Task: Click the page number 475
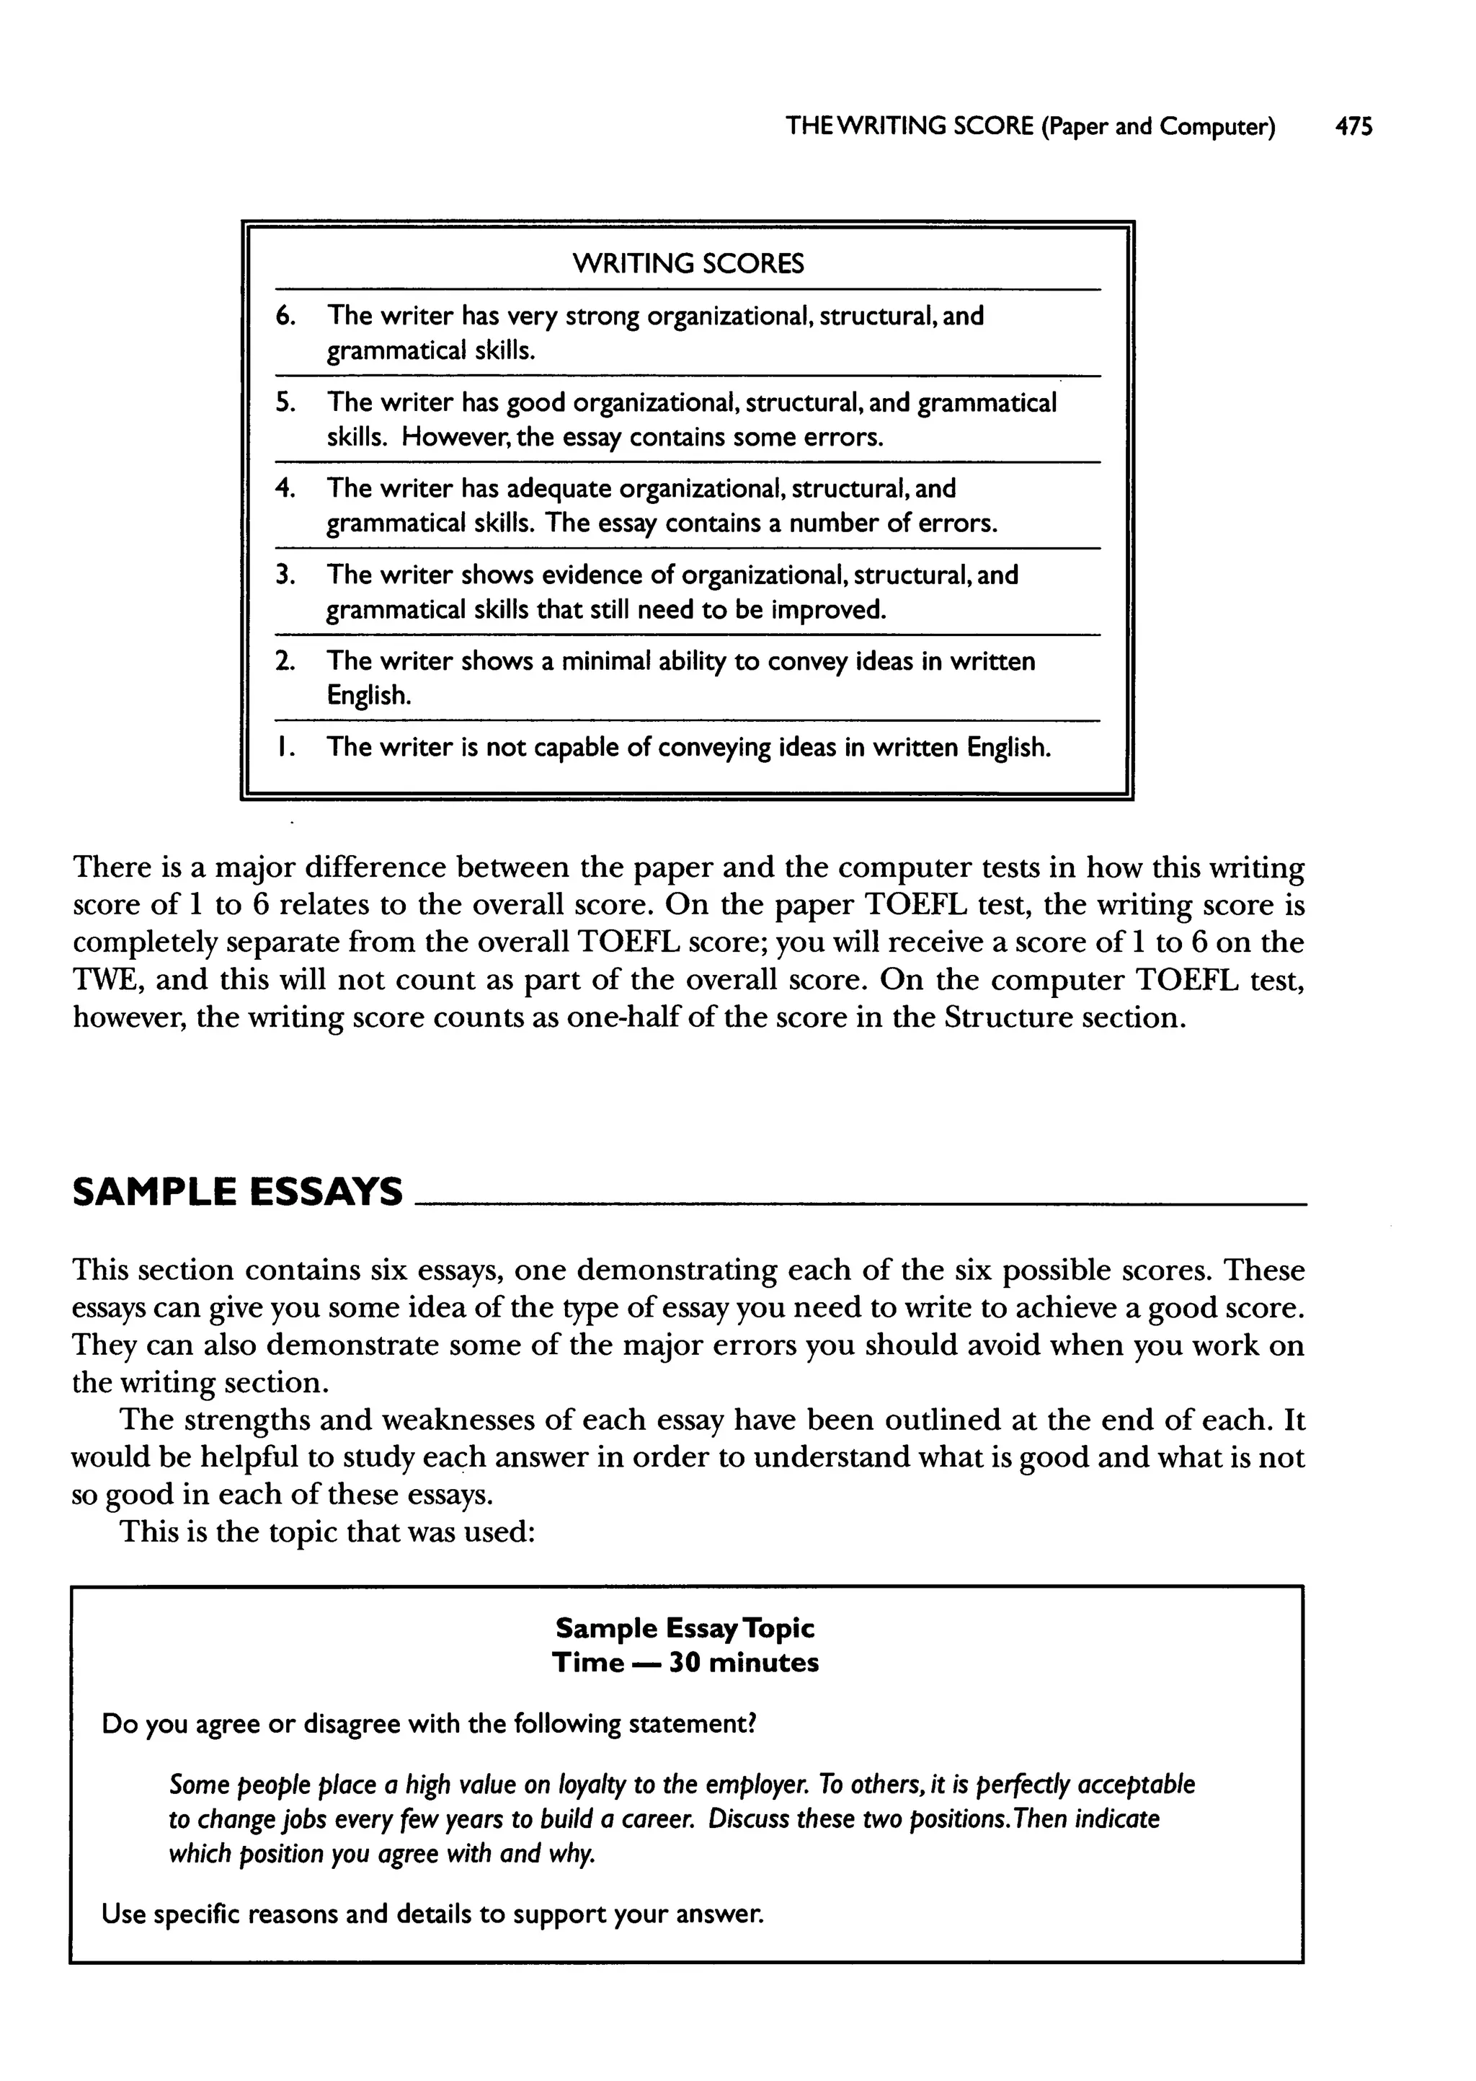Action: [1353, 126]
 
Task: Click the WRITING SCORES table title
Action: [688, 265]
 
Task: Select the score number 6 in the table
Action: [285, 317]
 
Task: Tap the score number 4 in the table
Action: [285, 489]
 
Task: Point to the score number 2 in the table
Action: [285, 662]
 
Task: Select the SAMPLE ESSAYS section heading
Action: [236, 1192]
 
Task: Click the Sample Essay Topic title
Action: [685, 1627]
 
